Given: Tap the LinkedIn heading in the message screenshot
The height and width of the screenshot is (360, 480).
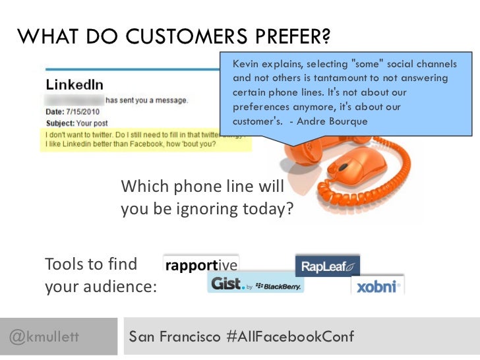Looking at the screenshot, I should (75, 85).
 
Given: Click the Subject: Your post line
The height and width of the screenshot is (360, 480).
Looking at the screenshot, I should (78, 123).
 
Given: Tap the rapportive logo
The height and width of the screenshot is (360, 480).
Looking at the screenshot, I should (201, 265).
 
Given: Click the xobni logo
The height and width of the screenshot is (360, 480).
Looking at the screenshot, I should (376, 286).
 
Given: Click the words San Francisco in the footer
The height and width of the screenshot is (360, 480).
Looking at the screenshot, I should (175, 337).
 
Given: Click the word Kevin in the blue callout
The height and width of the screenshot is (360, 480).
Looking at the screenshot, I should (244, 64).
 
